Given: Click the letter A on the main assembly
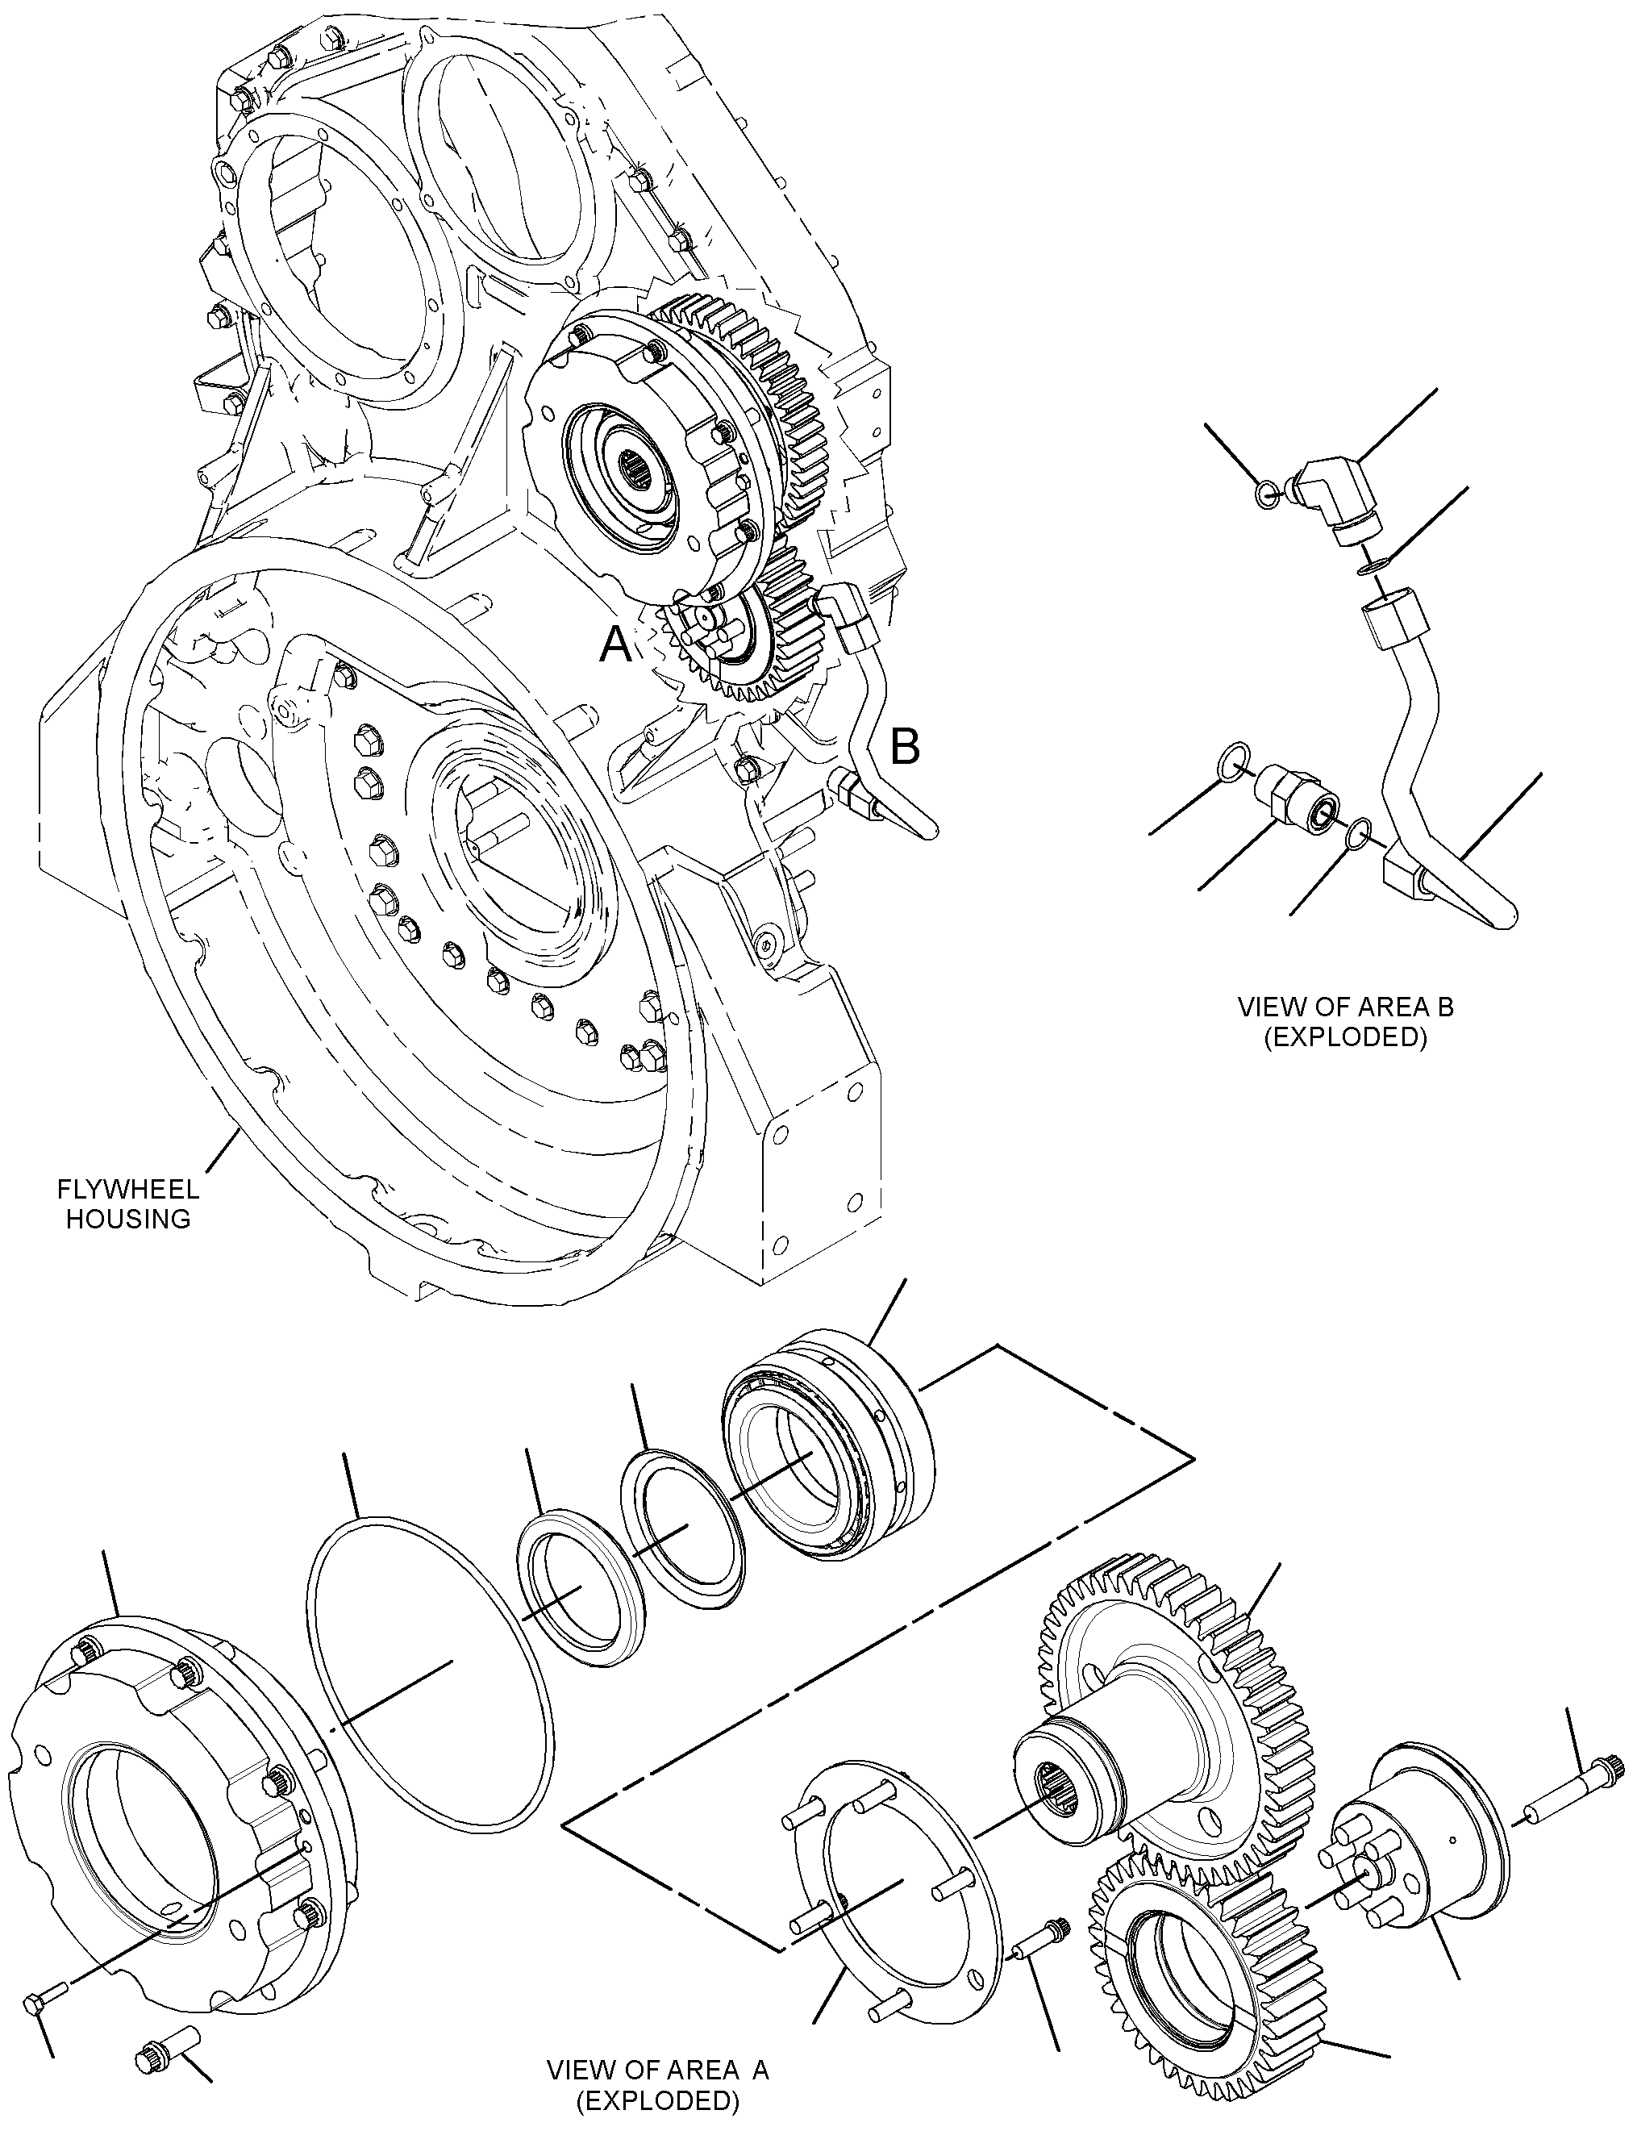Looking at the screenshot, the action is coord(614,644).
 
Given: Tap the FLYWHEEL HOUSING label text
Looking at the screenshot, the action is coord(128,1203).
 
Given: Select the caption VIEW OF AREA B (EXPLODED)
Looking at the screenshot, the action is coord(1345,1021).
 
